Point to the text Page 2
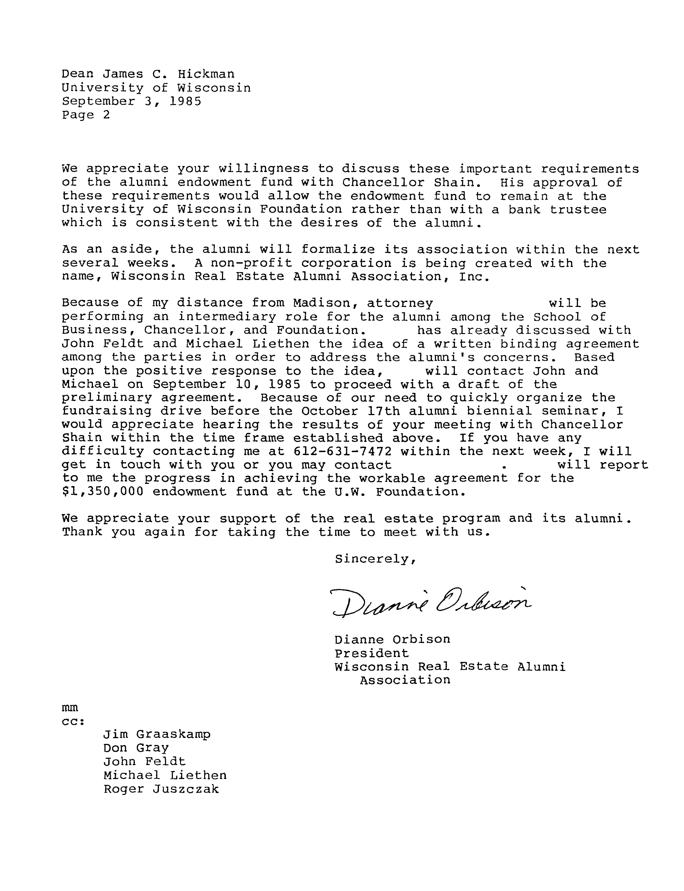(86, 115)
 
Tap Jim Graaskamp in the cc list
(157, 734)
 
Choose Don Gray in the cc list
(136, 748)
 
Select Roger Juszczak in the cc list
(161, 789)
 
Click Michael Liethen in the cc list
(165, 775)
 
